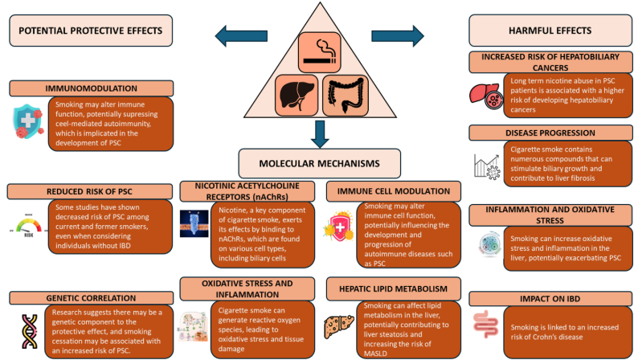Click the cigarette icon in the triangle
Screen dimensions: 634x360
(320, 52)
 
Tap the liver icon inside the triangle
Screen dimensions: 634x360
(297, 96)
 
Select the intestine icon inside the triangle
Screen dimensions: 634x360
(346, 96)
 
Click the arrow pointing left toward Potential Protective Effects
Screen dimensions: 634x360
(241, 35)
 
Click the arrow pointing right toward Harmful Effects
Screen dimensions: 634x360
(398, 36)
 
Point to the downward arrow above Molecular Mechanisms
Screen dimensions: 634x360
(320, 134)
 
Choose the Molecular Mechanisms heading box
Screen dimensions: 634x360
(320, 163)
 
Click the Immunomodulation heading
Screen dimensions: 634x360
(92, 88)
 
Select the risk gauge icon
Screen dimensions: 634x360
(29, 227)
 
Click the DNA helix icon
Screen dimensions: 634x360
(29, 331)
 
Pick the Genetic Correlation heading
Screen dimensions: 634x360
(92, 298)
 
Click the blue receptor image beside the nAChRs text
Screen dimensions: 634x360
(194, 223)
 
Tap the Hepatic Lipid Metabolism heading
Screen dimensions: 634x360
(394, 288)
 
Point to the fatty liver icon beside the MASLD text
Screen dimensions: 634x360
(339, 327)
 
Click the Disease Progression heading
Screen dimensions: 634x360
(550, 133)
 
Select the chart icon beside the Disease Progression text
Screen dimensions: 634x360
(487, 166)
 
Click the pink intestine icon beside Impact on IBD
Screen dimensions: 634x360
(486, 325)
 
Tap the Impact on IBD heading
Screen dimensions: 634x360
(550, 298)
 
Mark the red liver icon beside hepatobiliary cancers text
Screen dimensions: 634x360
(486, 96)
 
